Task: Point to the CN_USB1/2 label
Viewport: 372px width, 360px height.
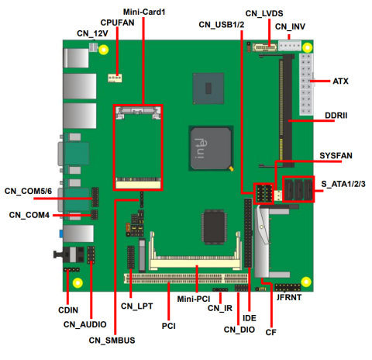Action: pos(222,25)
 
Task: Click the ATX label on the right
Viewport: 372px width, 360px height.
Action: pos(341,81)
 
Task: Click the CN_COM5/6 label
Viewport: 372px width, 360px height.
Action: pos(28,191)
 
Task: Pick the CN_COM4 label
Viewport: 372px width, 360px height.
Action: pos(29,214)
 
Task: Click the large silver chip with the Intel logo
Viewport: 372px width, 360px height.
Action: pos(211,146)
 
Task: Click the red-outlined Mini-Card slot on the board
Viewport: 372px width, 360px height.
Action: pos(139,147)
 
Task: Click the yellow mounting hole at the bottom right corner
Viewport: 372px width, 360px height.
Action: pos(307,281)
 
